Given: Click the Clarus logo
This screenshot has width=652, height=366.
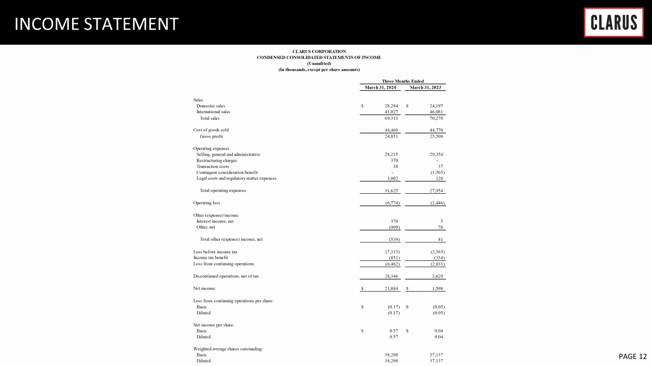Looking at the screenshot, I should [613, 23].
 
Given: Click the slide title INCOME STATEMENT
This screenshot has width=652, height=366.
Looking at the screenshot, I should [96, 24].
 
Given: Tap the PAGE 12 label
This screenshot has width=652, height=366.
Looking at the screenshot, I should [632, 356].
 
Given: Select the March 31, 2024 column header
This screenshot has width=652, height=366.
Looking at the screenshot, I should [381, 88].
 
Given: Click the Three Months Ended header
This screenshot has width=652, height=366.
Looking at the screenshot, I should [403, 81].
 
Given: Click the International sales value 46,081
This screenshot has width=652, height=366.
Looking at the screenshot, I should [434, 112].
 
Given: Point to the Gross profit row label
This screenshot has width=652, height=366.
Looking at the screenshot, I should [211, 136].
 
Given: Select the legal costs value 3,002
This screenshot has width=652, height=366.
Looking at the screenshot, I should [391, 178].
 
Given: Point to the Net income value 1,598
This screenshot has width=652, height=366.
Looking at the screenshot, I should [435, 288].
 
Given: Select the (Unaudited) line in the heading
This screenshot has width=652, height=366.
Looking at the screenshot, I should [319, 63].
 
